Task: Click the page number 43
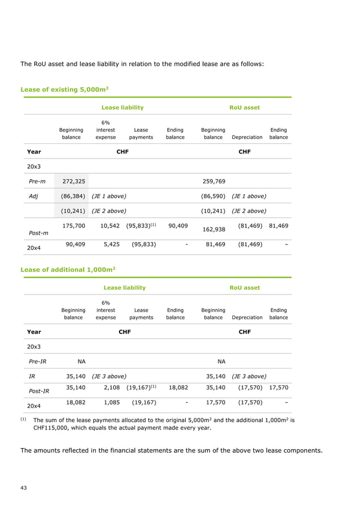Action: click(x=24, y=487)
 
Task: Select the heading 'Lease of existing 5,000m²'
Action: click(x=64, y=89)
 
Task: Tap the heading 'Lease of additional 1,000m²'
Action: click(x=68, y=270)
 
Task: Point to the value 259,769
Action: click(x=213, y=181)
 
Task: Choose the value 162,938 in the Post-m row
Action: click(x=213, y=229)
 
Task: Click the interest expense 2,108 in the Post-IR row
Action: click(x=107, y=388)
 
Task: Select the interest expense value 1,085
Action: click(x=107, y=402)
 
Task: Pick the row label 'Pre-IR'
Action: click(x=38, y=361)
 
